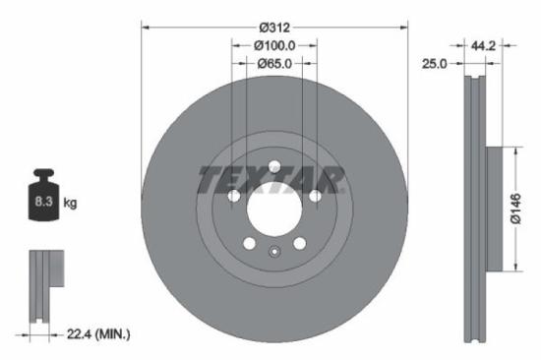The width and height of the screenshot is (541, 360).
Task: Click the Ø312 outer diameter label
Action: pos(274,28)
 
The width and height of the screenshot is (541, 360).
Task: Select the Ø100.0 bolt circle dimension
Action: pos(274,46)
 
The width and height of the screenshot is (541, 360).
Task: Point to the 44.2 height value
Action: pos(482,45)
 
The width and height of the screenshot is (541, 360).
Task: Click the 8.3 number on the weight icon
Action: pos(42,203)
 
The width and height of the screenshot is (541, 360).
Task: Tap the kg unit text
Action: pos(70,203)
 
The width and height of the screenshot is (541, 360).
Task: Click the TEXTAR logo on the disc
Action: pos(272,180)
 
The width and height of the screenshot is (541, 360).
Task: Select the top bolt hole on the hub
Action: pos(274,165)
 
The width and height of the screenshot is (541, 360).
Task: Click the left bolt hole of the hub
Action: pos(233,197)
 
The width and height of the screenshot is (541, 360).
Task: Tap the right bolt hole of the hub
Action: pos(315,197)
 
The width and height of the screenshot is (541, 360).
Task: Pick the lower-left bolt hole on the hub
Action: pos(249,243)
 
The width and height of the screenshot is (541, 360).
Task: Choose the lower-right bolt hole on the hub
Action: pos(299,243)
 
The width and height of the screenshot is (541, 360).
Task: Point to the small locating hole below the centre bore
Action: pos(274,252)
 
